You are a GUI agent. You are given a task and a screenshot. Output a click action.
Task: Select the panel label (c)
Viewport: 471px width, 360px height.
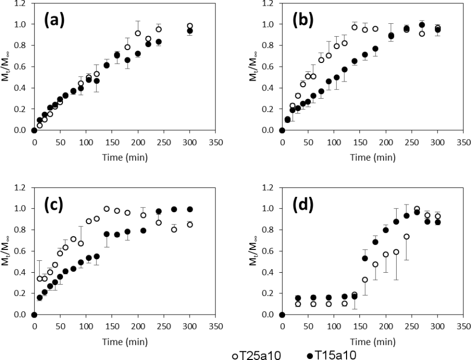[53, 205]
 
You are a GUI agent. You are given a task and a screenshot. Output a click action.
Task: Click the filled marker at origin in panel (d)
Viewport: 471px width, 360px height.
[282, 315]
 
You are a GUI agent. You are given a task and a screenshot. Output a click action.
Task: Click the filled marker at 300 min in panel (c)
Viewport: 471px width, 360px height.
[190, 209]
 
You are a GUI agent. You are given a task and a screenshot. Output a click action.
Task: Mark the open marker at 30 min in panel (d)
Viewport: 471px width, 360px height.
[297, 304]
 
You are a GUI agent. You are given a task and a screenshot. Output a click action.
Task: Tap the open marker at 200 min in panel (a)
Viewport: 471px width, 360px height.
[138, 33]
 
